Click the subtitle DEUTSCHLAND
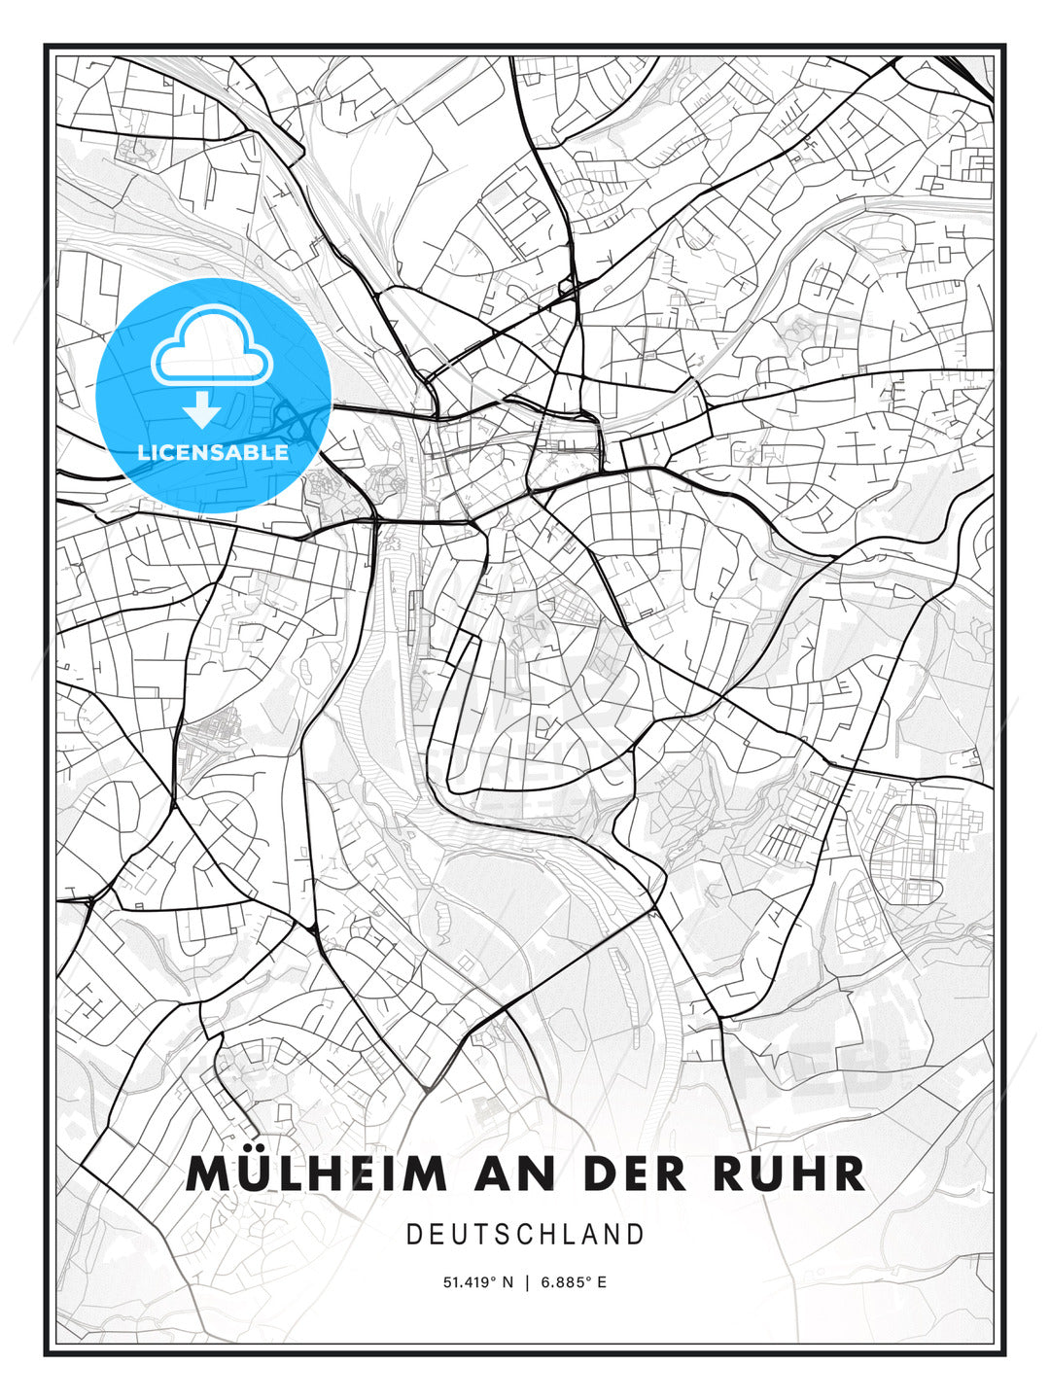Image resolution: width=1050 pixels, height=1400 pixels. tap(525, 1235)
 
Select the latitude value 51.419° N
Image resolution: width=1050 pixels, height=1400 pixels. tap(477, 1282)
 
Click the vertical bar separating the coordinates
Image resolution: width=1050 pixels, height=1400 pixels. tap(527, 1282)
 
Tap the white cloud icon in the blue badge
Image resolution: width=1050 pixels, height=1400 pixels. tap(212, 347)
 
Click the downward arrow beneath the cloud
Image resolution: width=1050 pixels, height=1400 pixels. tap(202, 410)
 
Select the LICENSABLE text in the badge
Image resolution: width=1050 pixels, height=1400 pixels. tap(213, 453)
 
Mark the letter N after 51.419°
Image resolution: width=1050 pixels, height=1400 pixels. tap(507, 1282)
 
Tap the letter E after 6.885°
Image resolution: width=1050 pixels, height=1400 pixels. tap(602, 1282)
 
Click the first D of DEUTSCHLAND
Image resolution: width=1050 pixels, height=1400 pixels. tap(413, 1235)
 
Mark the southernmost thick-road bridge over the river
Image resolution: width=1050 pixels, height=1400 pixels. tap(653, 914)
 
